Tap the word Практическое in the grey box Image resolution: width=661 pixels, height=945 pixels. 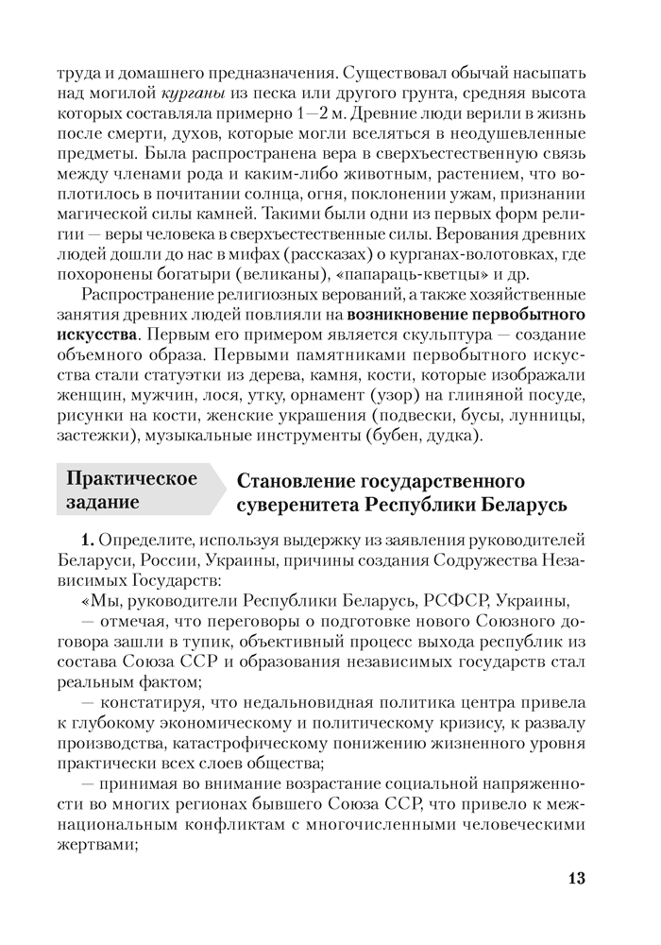(x=131, y=478)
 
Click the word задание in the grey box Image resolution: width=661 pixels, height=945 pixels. (x=104, y=503)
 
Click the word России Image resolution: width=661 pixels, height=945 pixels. (x=171, y=561)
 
